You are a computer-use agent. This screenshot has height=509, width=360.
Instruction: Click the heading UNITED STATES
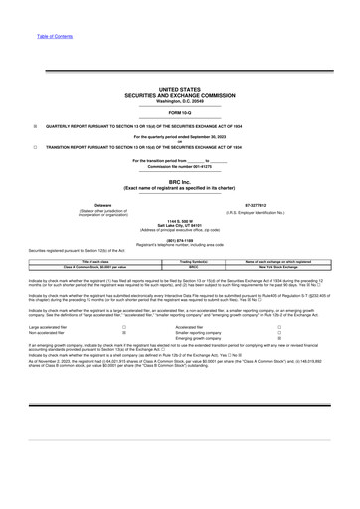click(x=180, y=89)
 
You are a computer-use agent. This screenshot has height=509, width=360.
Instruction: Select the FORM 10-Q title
click(x=180, y=112)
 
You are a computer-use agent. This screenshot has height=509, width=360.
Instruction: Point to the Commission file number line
click(x=180, y=165)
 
